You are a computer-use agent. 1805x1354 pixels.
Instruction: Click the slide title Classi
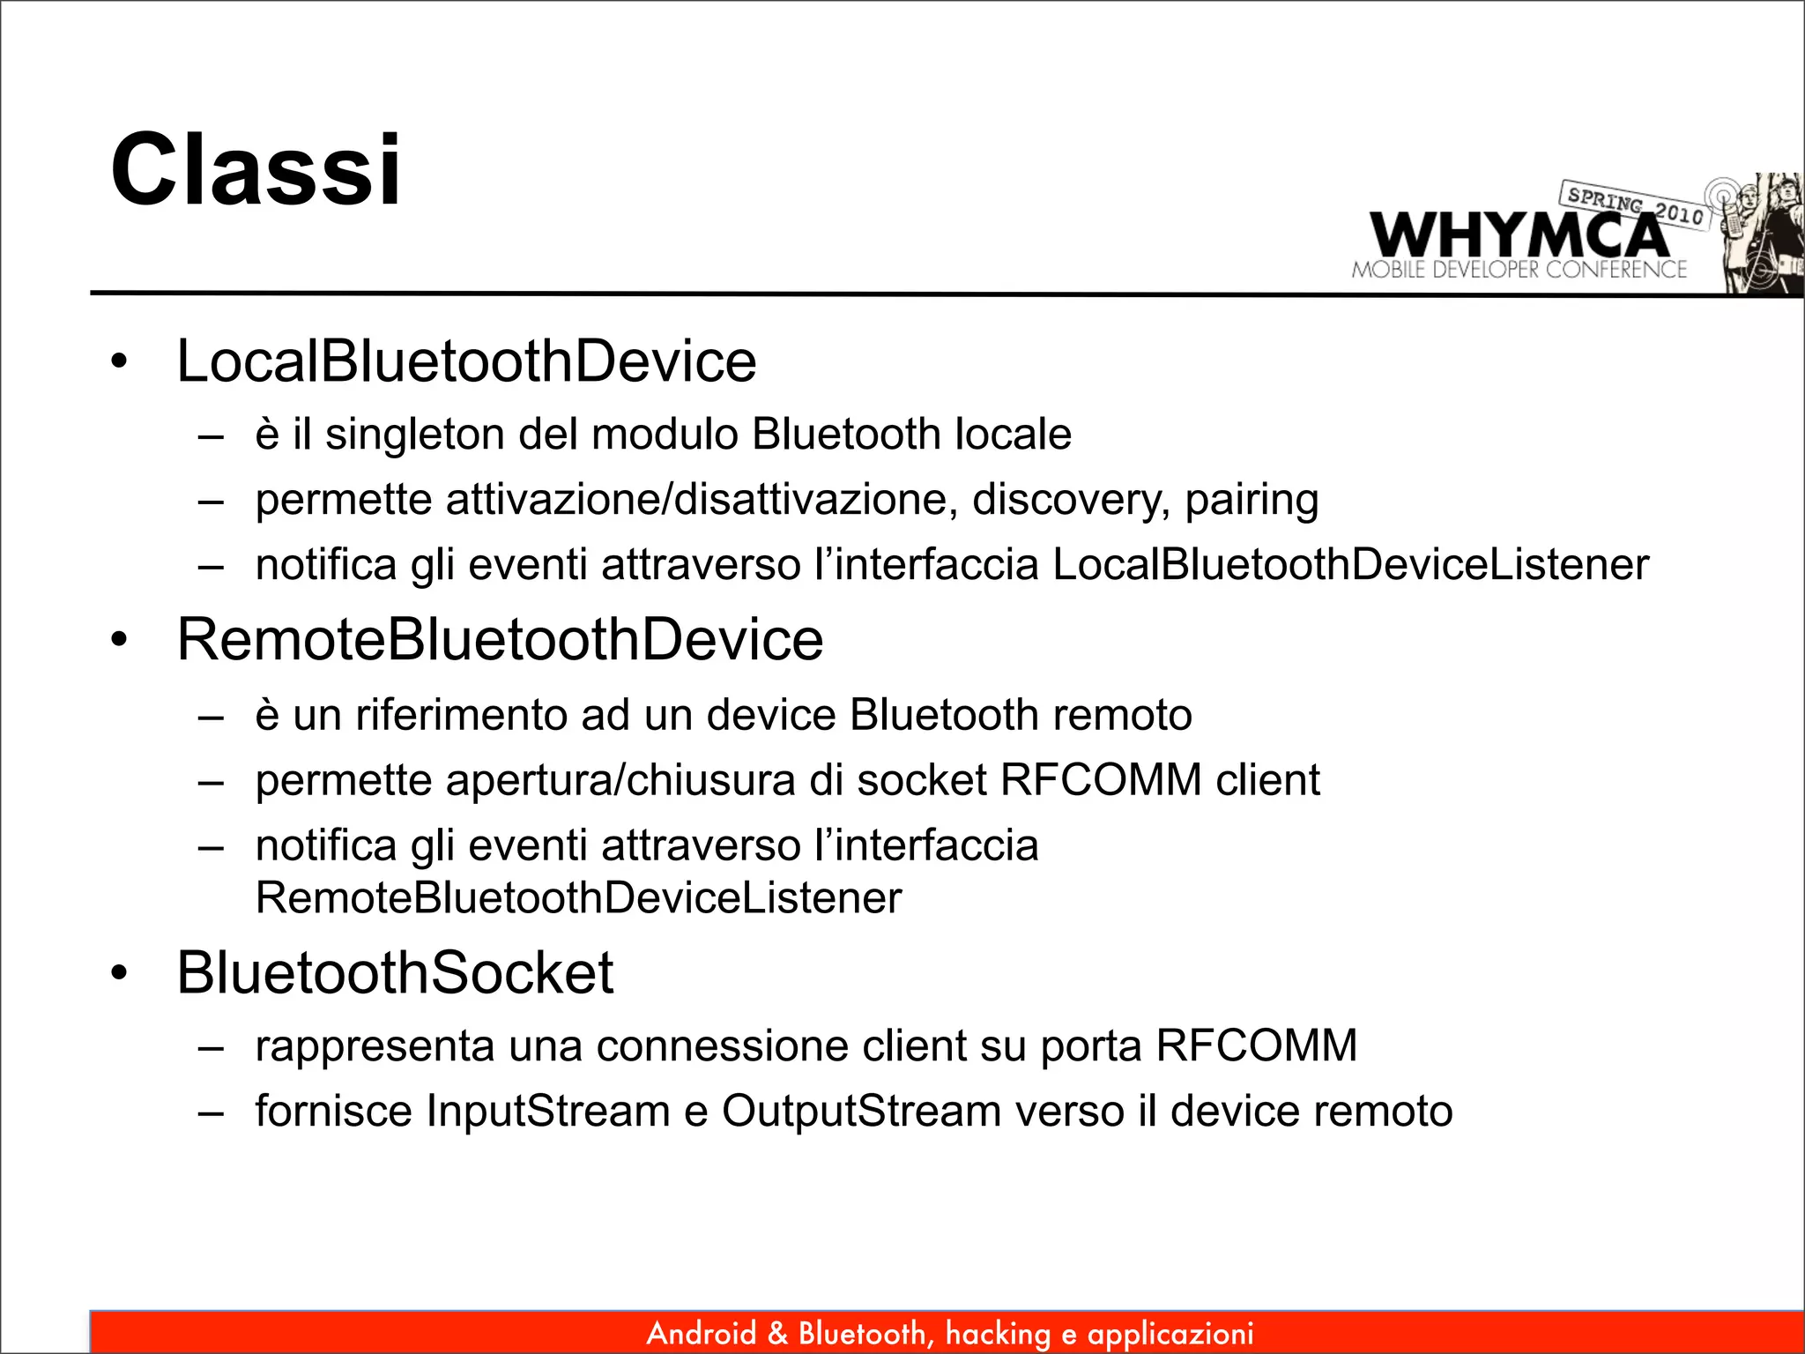tap(256, 169)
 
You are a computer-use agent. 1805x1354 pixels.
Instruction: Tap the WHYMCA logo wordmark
tap(1518, 235)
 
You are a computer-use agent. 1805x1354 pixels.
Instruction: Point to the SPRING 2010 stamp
tap(1635, 205)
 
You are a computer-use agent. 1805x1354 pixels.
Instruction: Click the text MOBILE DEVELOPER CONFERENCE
tap(1519, 270)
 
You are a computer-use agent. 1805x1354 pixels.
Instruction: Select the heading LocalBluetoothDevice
tap(466, 361)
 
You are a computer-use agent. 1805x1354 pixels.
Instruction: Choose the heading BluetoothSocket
tap(394, 973)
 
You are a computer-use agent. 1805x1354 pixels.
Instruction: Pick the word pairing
tap(1251, 500)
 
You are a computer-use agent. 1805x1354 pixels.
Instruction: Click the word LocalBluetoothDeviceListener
tap(1350, 565)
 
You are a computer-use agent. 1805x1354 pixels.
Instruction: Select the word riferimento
tap(461, 715)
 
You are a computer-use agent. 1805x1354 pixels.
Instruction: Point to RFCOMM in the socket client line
tap(1101, 780)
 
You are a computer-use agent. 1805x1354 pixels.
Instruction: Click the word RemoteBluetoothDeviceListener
tap(578, 898)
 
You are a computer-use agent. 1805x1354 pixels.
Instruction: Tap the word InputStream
tap(548, 1111)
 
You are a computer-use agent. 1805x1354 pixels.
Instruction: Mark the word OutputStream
tap(861, 1111)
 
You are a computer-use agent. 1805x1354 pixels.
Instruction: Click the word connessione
tap(722, 1046)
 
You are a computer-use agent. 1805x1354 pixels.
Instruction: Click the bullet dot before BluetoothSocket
tap(120, 974)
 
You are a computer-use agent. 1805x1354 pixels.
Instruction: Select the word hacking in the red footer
tap(998, 1334)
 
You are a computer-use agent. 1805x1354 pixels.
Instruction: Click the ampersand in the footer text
tap(777, 1334)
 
